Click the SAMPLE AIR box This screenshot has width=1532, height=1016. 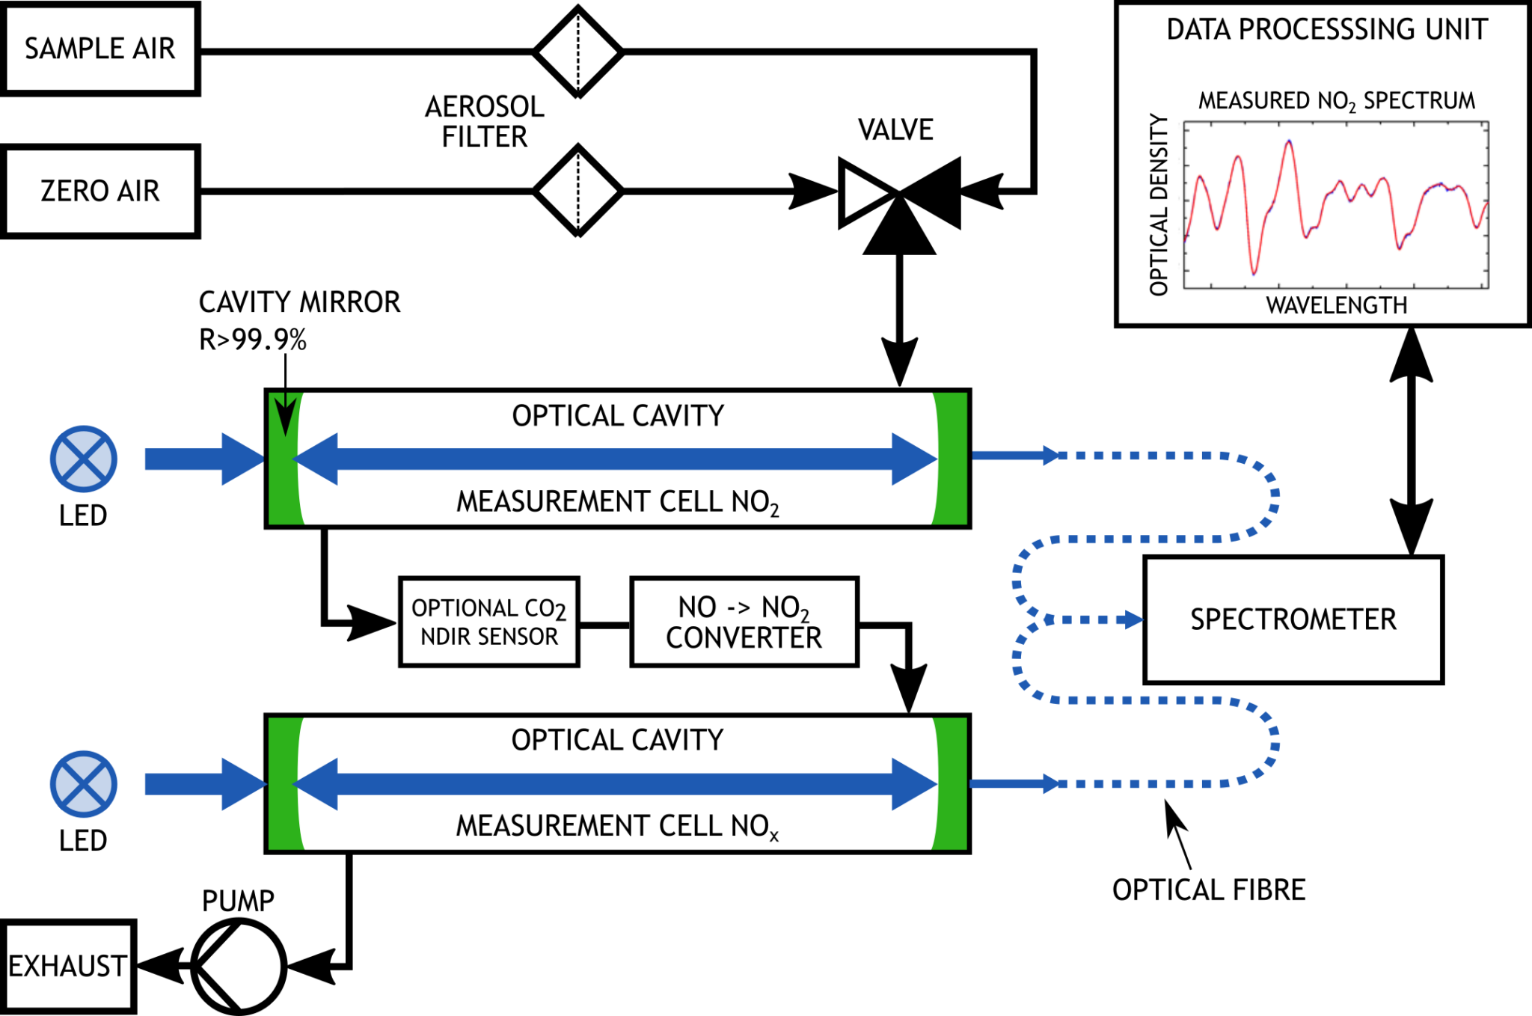100,49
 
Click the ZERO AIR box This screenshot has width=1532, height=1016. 100,192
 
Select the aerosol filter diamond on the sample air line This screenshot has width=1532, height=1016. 578,52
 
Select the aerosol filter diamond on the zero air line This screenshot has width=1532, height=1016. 578,192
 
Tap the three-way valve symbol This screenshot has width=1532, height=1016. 899,196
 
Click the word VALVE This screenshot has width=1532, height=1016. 895,130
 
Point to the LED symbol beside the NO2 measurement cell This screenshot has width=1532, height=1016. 83,459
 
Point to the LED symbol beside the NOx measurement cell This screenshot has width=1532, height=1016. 83,783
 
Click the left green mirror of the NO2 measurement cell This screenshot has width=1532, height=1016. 284,459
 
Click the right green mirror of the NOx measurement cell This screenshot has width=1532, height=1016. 952,783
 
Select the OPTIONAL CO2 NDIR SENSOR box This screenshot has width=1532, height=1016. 489,622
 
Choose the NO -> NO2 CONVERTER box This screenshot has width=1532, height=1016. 744,622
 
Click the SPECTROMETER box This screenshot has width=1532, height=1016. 1293,619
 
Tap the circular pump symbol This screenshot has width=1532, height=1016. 239,967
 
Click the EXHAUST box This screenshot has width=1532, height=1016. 67,967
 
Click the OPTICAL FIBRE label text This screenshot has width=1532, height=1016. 1208,890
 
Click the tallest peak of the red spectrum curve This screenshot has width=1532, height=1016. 1288,142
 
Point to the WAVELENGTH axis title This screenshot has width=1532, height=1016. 1336,305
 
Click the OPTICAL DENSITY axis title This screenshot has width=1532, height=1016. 1159,204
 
